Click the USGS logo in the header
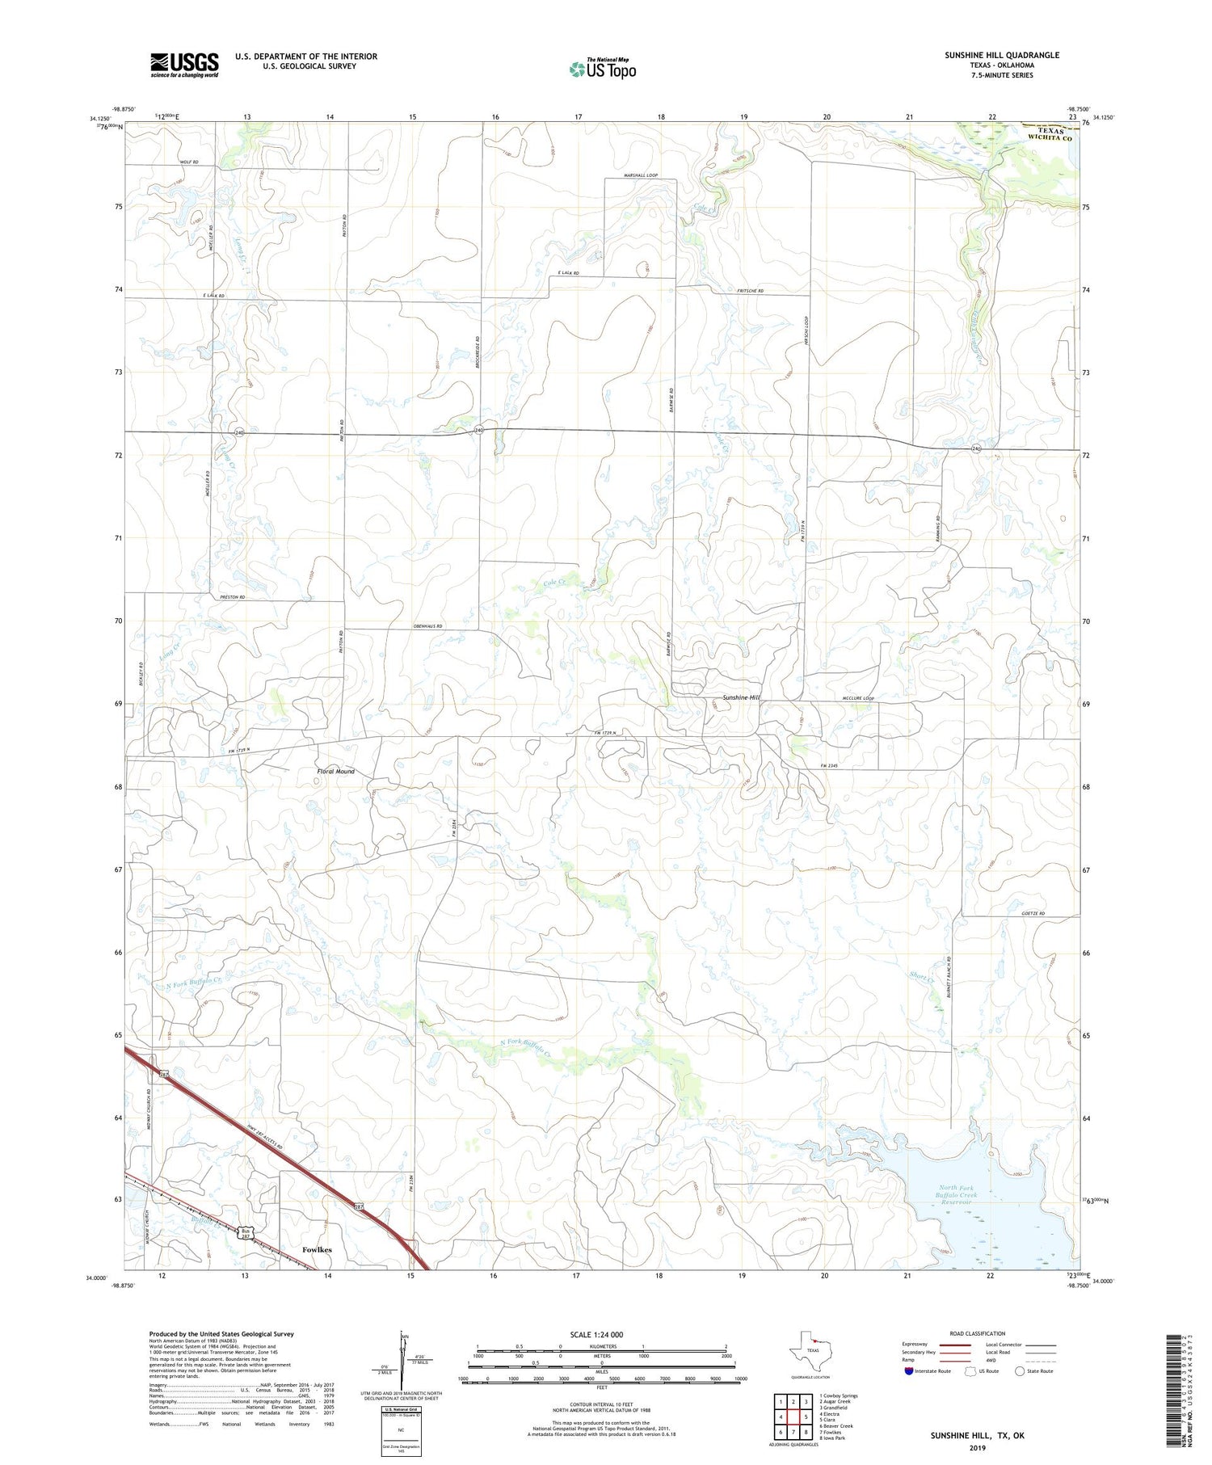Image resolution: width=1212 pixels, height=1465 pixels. point(184,65)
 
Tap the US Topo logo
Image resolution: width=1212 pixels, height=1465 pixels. point(603,69)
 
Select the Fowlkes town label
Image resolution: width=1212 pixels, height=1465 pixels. point(317,1249)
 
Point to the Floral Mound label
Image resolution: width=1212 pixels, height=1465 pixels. point(335,772)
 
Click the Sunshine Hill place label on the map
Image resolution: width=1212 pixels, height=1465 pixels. point(741,697)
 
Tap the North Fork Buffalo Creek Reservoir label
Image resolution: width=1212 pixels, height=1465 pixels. point(956,1194)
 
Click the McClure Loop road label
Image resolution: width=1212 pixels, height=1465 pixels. point(858,698)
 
